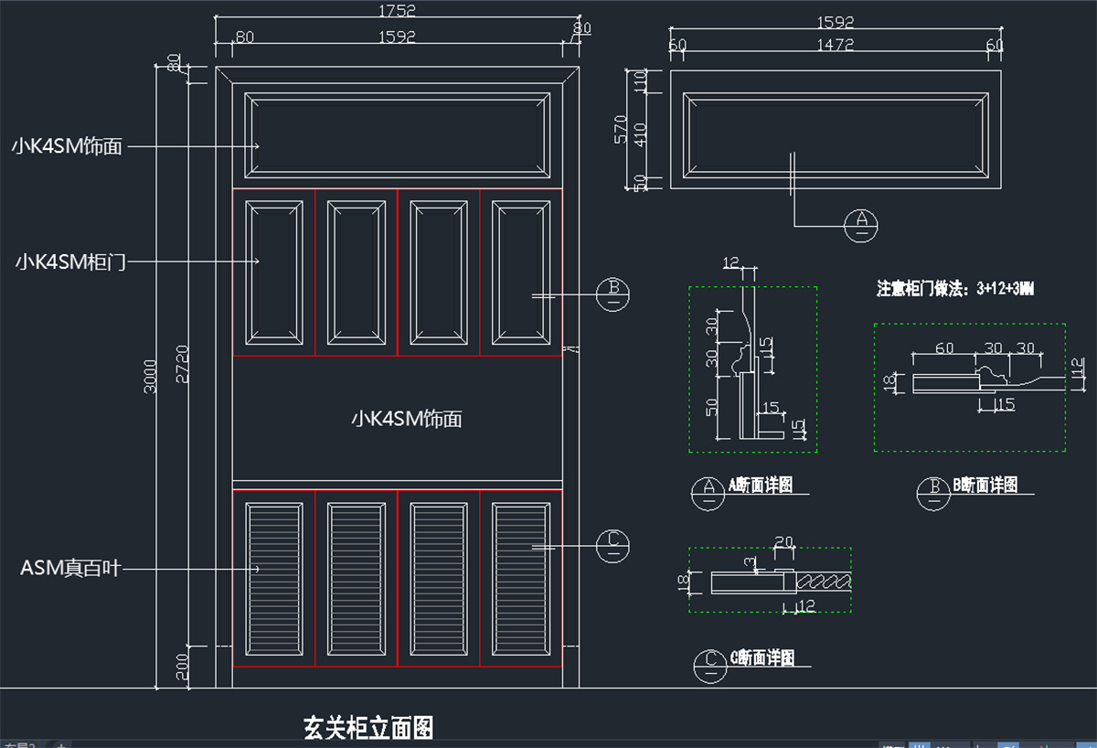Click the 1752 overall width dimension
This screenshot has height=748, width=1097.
coord(397,11)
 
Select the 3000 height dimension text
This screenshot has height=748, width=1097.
coord(151,375)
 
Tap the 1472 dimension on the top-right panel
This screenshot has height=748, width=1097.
coord(835,44)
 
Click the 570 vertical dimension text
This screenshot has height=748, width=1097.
coord(622,129)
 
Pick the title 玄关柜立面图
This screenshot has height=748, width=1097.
coord(368,728)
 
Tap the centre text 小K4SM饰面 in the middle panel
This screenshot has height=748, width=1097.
coord(407,420)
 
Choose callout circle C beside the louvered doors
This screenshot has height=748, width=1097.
coord(613,546)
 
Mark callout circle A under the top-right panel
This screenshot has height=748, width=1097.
coord(860,224)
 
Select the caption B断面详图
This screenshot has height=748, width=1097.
coord(985,486)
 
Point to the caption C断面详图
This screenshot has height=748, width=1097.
coord(762,658)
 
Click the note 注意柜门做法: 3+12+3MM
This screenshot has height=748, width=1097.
coord(955,289)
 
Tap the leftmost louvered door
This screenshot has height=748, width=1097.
coord(274,578)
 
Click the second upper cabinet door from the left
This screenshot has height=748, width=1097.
coord(357,272)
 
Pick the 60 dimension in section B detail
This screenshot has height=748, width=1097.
coord(944,348)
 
